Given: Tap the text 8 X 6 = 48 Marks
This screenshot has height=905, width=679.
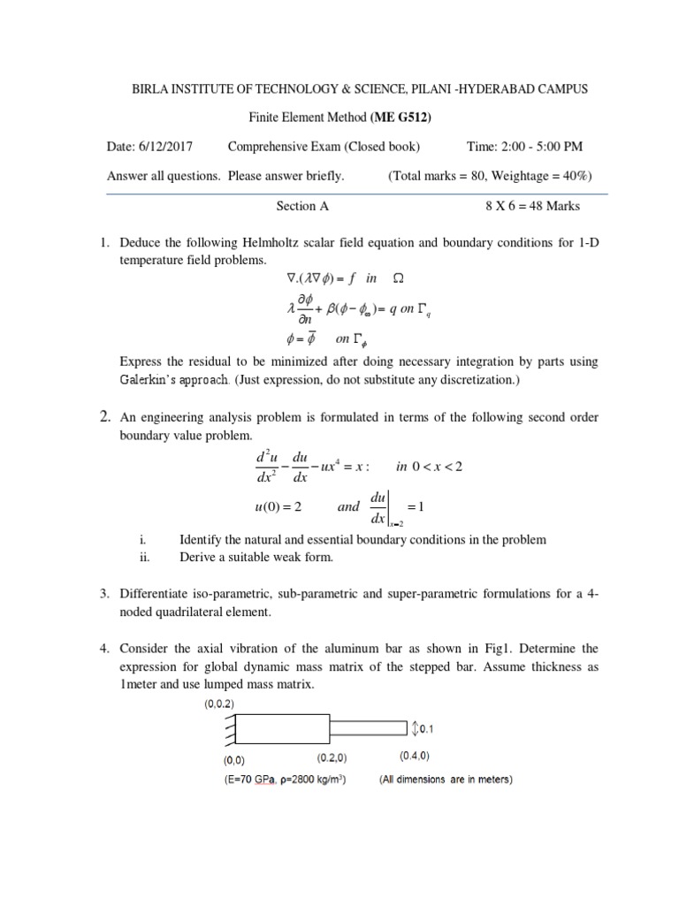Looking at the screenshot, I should point(532,206).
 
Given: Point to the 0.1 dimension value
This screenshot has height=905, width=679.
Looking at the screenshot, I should point(425,729).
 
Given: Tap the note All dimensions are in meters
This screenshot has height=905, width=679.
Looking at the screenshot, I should point(445,780).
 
